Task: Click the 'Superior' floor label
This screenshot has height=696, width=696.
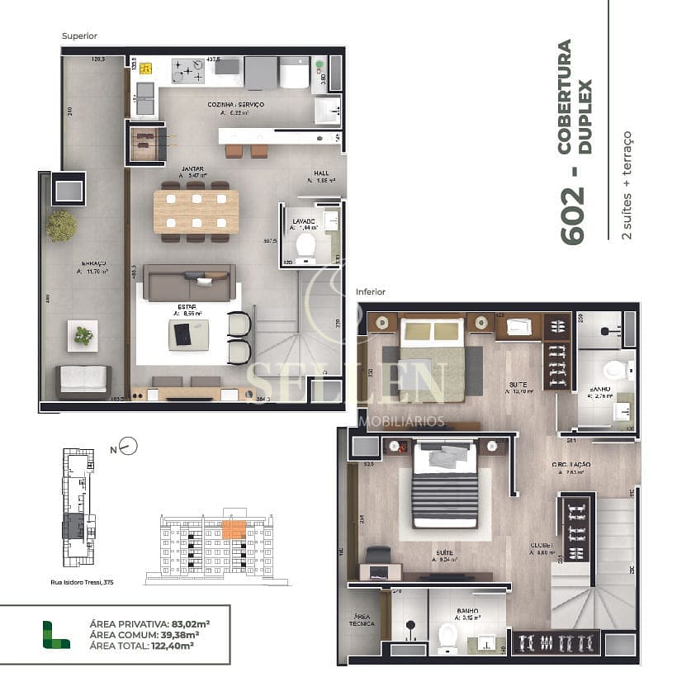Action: pos(79,36)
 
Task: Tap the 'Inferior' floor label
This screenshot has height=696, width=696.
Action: pos(370,292)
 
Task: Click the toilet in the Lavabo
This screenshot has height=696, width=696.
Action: pos(305,245)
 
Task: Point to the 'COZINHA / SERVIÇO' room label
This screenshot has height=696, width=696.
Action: pos(235,105)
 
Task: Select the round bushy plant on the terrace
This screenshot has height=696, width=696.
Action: pos(61,225)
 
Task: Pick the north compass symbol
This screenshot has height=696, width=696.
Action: pos(126,447)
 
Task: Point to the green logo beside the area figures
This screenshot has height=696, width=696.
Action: pos(57,634)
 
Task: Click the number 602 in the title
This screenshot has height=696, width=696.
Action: pos(573,215)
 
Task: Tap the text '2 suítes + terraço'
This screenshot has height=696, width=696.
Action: pos(627,185)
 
